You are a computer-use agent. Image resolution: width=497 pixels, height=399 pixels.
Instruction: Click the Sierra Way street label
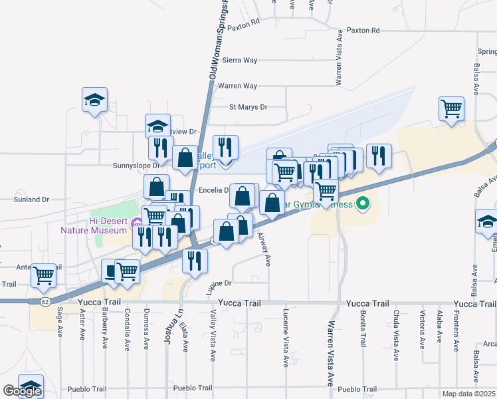(240, 60)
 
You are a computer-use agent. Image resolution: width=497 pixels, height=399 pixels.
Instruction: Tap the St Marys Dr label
(248, 106)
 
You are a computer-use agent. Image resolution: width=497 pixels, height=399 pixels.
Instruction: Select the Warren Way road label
(237, 86)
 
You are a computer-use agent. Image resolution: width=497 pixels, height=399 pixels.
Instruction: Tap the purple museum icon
(138, 223)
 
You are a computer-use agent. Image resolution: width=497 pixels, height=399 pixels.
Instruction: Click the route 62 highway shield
(45, 301)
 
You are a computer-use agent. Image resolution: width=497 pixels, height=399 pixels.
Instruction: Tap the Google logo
(22, 391)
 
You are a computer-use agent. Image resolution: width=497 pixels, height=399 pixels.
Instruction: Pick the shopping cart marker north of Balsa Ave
(452, 108)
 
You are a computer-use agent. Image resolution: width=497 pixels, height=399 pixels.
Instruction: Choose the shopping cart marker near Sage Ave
(45, 273)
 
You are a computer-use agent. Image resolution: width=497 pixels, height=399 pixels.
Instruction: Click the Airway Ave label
(268, 253)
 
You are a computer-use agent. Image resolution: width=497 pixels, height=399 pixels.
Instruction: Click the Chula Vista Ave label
(396, 336)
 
